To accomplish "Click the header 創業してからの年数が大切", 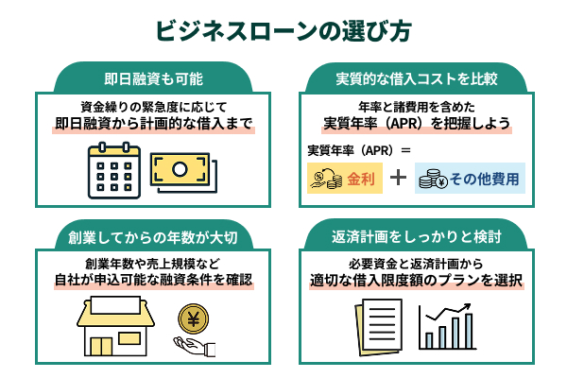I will tap(153, 235).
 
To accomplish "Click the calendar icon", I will tap(114, 170).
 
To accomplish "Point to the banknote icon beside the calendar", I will tap(184, 171).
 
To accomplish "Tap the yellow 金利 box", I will tap(344, 178).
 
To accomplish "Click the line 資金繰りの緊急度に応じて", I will tap(153, 106).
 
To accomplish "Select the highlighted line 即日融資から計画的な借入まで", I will tap(153, 123).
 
